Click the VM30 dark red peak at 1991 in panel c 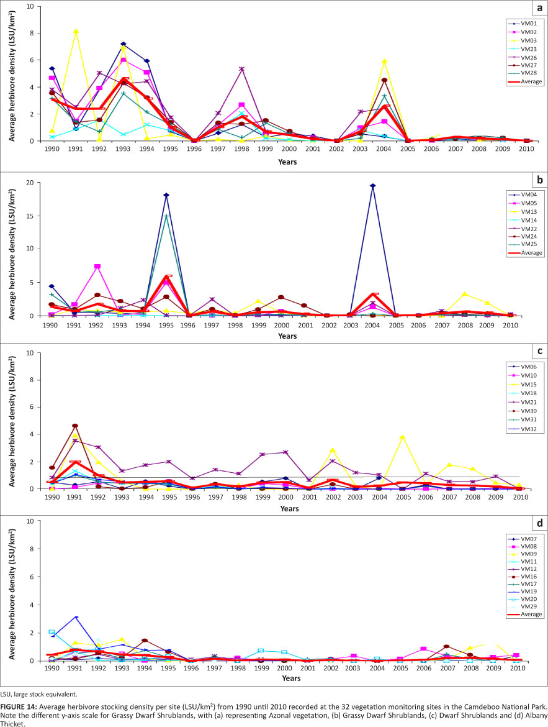75,426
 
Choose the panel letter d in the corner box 538,524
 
